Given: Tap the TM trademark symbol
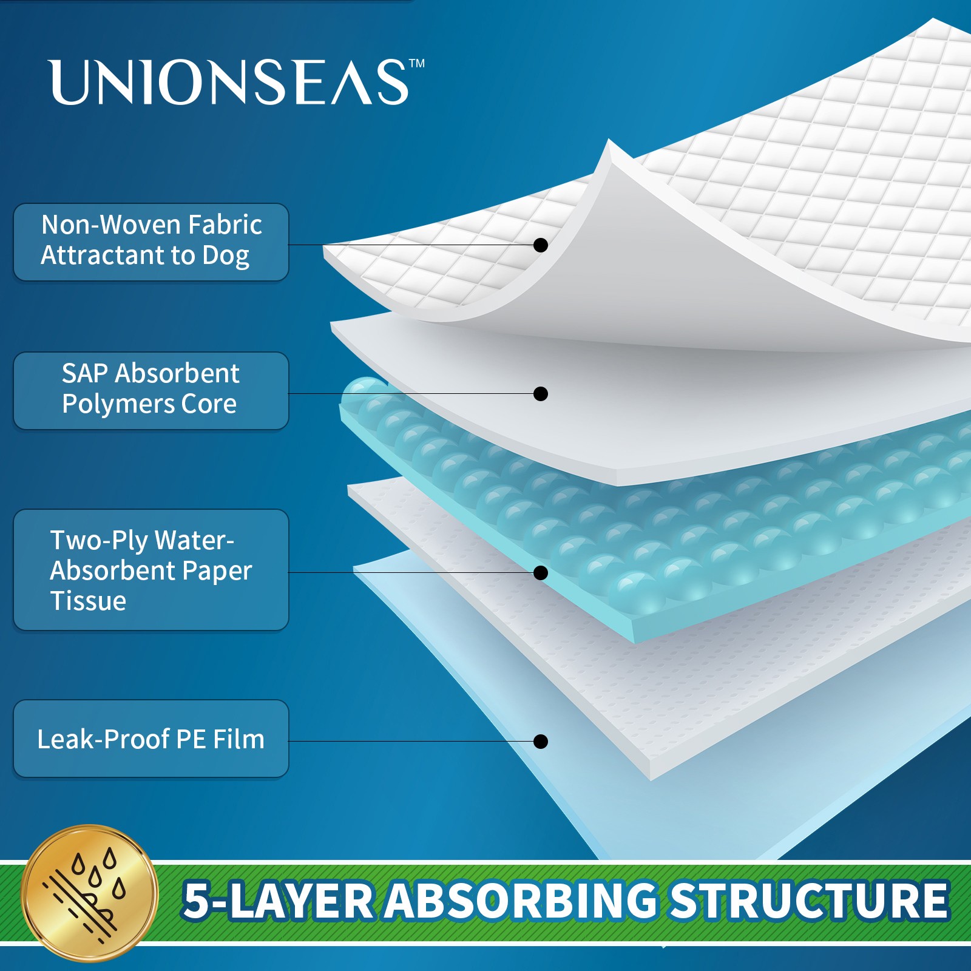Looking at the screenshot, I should pos(417,63).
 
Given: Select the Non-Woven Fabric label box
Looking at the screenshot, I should pos(151,242).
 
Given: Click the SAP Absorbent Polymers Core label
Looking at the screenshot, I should pos(151,390).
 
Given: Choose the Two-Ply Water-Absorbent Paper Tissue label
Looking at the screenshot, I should pos(151,569).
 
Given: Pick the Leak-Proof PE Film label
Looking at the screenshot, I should pos(151,739).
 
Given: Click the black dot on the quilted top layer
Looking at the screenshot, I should pos(540,245).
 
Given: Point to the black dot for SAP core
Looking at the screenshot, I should pos(540,393).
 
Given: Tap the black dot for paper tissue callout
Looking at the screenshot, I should pos(540,572).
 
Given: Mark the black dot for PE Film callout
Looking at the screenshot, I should pos(540,741).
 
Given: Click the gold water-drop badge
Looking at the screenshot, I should pos(90,892).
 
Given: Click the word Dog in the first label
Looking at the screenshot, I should pos(225,256).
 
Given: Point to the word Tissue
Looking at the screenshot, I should pos(88,601).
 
